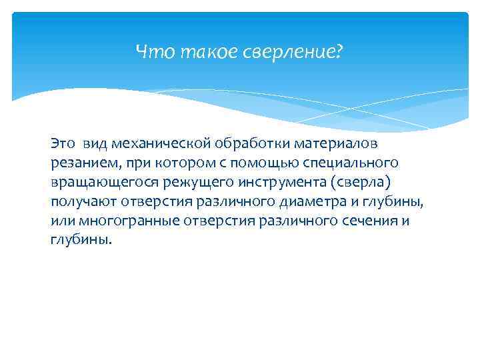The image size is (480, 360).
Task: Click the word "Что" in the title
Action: (149, 51)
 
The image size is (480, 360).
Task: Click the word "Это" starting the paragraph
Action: (63, 143)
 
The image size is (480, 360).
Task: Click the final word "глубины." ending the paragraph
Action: (77, 239)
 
